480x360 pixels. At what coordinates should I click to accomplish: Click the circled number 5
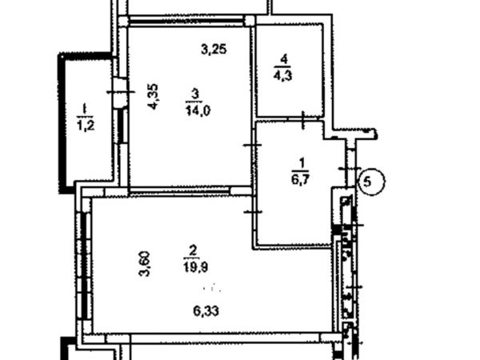(x=371, y=182)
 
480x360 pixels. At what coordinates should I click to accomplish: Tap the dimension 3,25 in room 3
(x=214, y=49)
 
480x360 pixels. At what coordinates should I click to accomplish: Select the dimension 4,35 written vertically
(x=153, y=96)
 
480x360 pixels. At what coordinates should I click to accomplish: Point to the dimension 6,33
(x=206, y=311)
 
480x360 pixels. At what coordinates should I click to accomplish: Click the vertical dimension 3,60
(x=145, y=264)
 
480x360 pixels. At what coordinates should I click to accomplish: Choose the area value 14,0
(x=198, y=110)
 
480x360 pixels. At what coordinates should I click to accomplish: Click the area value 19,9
(x=196, y=266)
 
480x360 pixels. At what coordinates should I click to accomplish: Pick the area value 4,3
(x=282, y=75)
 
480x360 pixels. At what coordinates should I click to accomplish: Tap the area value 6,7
(x=300, y=179)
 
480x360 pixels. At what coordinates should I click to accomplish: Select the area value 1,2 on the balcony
(x=86, y=125)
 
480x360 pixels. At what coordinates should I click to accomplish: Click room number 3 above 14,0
(x=195, y=94)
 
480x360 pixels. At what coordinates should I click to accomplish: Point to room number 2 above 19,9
(x=193, y=250)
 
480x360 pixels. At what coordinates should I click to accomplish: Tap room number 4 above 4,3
(x=284, y=59)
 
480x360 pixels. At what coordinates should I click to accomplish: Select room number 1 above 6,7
(x=302, y=163)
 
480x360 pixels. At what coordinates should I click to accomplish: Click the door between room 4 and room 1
(x=303, y=120)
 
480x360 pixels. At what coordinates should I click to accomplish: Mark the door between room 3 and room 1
(x=254, y=145)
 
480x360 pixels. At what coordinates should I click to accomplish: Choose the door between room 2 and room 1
(x=254, y=212)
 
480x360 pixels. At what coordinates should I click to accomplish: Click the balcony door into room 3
(x=120, y=92)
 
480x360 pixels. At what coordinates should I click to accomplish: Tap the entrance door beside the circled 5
(x=350, y=169)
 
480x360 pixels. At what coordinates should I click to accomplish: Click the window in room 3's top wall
(x=186, y=21)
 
